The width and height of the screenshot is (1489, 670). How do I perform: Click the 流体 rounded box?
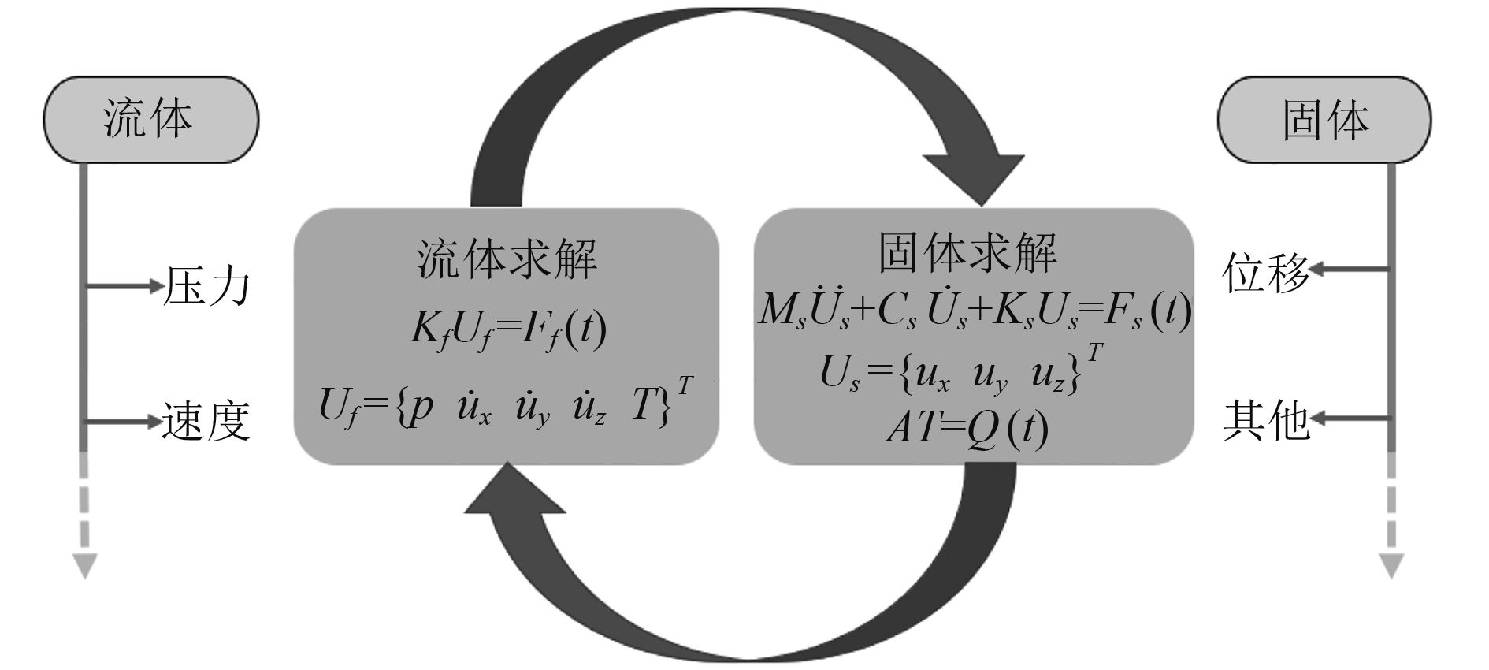pyautogui.click(x=150, y=120)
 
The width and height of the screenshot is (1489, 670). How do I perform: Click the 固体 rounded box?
pyautogui.click(x=1324, y=120)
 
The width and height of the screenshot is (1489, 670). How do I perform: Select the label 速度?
pyautogui.click(x=206, y=420)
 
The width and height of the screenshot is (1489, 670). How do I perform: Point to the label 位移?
pyautogui.click(x=1265, y=274)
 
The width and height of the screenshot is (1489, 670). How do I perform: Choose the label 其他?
pyautogui.click(x=1265, y=419)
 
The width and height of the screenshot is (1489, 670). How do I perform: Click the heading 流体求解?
pyautogui.click(x=506, y=258)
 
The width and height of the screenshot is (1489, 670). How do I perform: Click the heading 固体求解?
pyautogui.click(x=967, y=252)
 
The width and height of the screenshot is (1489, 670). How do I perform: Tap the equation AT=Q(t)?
pyautogui.click(x=967, y=428)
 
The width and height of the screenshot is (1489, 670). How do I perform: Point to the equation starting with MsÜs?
pyautogui.click(x=974, y=311)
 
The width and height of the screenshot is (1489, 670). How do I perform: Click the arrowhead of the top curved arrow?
pyautogui.click(x=975, y=178)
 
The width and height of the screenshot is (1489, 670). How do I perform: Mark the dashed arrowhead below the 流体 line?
pyautogui.click(x=84, y=565)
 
